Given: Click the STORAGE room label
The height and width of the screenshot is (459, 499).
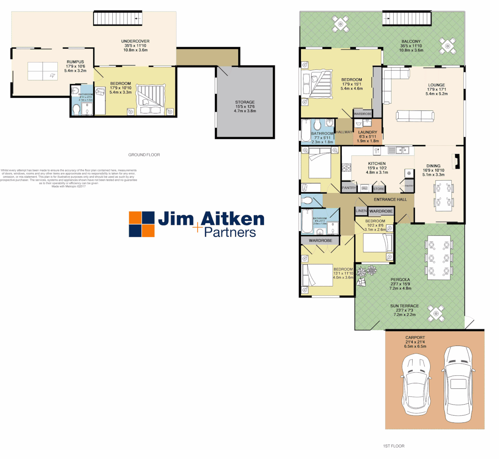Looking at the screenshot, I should (245, 102).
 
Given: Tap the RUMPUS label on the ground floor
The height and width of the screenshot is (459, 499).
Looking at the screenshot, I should (75, 62).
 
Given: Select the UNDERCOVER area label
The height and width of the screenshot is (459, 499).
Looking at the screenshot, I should (135, 41).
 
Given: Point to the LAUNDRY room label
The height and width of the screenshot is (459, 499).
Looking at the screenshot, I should (368, 133).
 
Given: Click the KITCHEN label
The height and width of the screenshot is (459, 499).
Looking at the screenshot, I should (377, 164).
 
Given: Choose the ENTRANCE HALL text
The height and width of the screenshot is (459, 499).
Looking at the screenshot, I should (390, 199).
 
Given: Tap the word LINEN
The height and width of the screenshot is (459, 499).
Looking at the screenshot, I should (361, 211).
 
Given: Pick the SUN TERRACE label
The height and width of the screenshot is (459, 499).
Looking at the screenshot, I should (404, 306).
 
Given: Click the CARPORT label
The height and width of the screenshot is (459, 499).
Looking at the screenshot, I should (415, 338).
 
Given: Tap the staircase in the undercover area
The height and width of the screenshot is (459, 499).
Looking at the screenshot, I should (118, 19).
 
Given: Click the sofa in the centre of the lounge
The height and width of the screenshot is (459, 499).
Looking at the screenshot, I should (415, 116).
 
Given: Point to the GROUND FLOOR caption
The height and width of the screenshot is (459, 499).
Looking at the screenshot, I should (144, 155).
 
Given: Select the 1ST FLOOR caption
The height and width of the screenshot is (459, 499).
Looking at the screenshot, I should (394, 446).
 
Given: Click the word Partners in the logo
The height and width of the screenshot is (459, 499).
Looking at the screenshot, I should (230, 232).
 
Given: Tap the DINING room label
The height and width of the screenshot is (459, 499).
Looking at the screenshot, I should (433, 166).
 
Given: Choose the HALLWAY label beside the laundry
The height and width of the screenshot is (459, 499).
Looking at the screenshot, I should (344, 132).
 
